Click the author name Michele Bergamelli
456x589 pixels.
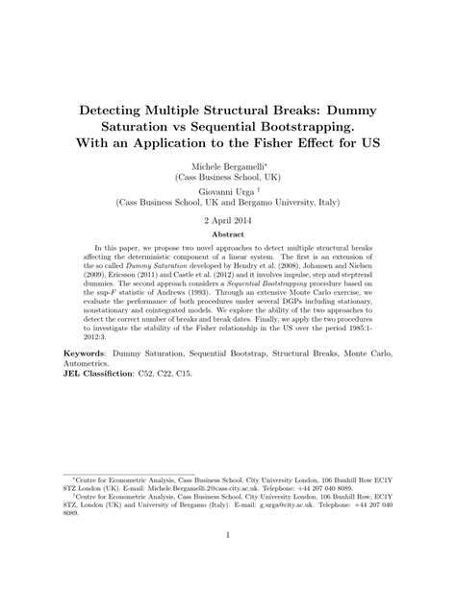(226, 166)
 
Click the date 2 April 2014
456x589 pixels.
(228, 220)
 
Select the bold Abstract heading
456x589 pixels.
(228, 233)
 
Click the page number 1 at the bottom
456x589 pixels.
(228, 561)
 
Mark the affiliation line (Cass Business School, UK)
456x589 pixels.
(228, 178)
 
